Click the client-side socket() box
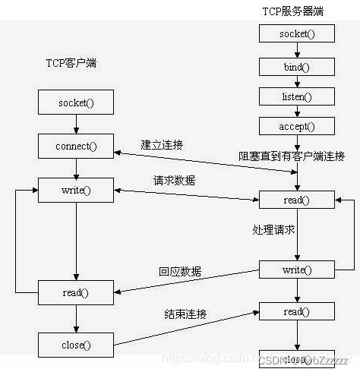point(75,102)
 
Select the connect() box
point(75,144)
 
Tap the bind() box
point(295,67)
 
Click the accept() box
point(295,125)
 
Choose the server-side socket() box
point(295,33)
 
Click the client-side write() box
point(75,189)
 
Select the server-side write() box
point(297,269)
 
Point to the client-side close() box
point(75,345)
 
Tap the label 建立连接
point(161,144)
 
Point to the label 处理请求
point(272,229)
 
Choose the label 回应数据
point(180,270)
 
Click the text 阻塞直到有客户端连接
point(292,156)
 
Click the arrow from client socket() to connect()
point(75,124)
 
